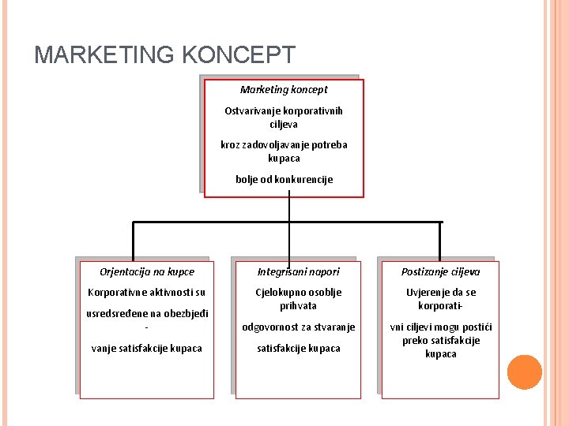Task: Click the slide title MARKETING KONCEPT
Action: click(x=165, y=55)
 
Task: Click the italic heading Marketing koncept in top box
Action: click(x=284, y=90)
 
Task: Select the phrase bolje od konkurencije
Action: click(x=284, y=179)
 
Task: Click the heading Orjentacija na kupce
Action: click(x=147, y=272)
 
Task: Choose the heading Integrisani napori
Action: click(x=298, y=272)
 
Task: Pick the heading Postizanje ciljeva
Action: click(x=440, y=272)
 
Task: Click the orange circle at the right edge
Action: click(x=523, y=372)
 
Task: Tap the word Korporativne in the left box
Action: click(x=119, y=293)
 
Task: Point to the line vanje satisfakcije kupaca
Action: click(x=147, y=348)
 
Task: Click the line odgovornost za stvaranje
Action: click(x=298, y=327)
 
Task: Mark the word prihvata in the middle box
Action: click(x=298, y=305)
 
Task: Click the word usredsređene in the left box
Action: click(x=115, y=313)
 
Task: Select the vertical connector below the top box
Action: click(x=289, y=209)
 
